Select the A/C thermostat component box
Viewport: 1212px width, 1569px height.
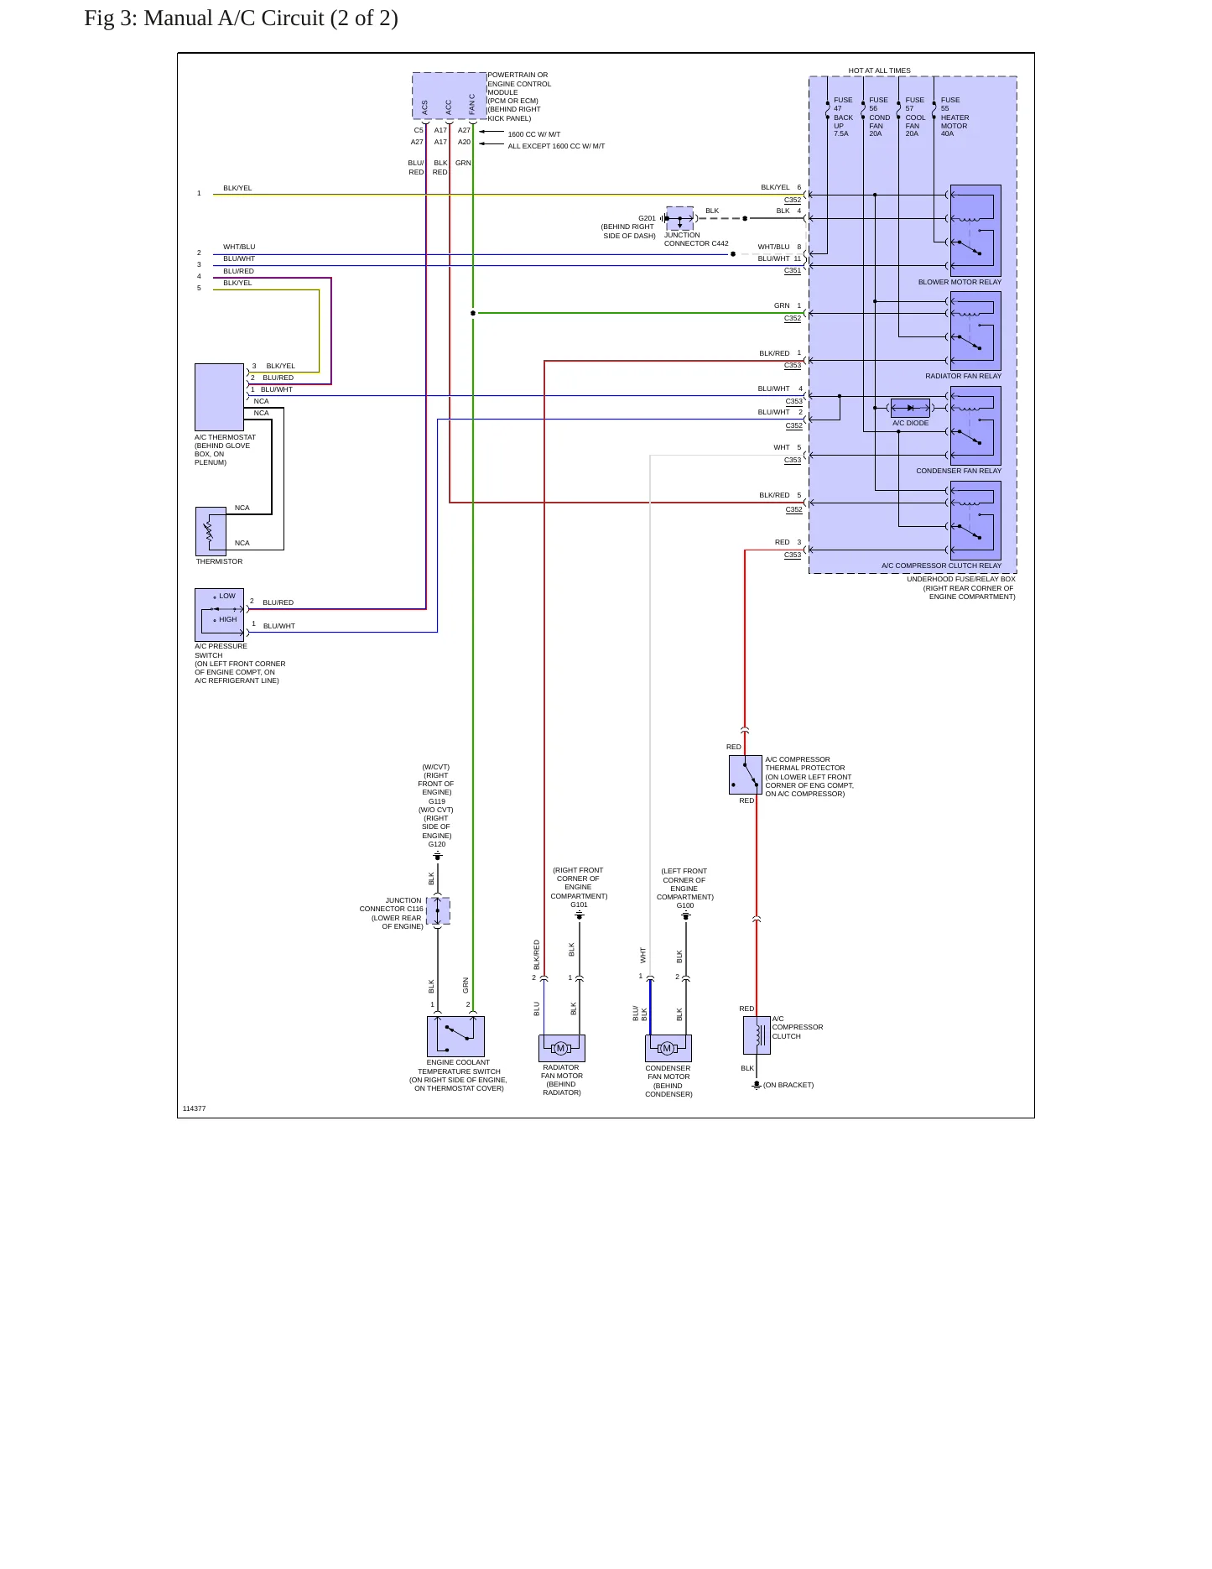tap(220, 397)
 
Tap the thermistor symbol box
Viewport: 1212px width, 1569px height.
tap(211, 531)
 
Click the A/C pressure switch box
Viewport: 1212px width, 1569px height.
tap(220, 615)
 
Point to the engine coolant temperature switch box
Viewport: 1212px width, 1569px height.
tap(455, 1036)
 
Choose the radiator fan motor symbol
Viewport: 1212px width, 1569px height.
tap(561, 1048)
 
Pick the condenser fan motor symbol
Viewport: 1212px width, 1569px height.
tap(668, 1048)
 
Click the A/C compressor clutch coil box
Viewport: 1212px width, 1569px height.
tap(757, 1035)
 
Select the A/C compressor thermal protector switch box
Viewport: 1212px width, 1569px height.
tap(745, 774)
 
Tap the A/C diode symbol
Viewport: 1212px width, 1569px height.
tap(910, 408)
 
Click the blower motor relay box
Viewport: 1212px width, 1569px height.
tap(975, 231)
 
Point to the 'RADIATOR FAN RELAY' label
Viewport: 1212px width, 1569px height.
tap(963, 376)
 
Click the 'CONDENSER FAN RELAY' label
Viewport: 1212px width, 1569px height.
tap(959, 471)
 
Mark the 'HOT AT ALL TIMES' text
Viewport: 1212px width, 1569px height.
tap(879, 70)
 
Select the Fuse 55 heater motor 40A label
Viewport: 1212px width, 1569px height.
tap(955, 117)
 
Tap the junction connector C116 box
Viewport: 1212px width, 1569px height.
tap(438, 911)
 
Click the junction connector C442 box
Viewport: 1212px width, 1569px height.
tap(680, 218)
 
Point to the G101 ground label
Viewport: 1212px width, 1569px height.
tap(579, 904)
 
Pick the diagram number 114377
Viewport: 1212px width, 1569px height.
tap(194, 1108)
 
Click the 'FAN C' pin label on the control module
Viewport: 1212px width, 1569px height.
tap(472, 104)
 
